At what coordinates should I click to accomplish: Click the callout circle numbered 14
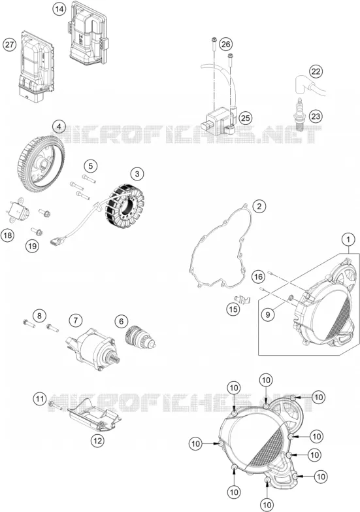pyautogui.click(x=59, y=9)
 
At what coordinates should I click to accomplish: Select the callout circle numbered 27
pyautogui.click(x=9, y=44)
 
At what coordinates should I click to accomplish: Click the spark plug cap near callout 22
pyautogui.click(x=310, y=85)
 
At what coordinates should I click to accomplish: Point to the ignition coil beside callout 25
pyautogui.click(x=218, y=121)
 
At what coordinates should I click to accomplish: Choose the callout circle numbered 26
pyautogui.click(x=225, y=44)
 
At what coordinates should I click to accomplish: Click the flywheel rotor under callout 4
pyautogui.click(x=40, y=164)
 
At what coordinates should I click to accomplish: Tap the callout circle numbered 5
pyautogui.click(x=90, y=166)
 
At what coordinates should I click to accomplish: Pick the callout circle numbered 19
pyautogui.click(x=32, y=246)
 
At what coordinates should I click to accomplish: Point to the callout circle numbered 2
pyautogui.click(x=259, y=207)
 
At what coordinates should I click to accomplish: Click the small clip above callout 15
pyautogui.click(x=242, y=299)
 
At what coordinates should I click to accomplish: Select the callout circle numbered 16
pyautogui.click(x=258, y=277)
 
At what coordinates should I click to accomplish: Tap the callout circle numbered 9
pyautogui.click(x=268, y=315)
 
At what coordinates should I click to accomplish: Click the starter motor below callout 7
pyautogui.click(x=93, y=349)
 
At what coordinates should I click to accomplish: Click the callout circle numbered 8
pyautogui.click(x=39, y=316)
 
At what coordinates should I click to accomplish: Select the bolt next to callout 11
pyautogui.click(x=56, y=406)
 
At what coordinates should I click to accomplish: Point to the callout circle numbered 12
pyautogui.click(x=97, y=441)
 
